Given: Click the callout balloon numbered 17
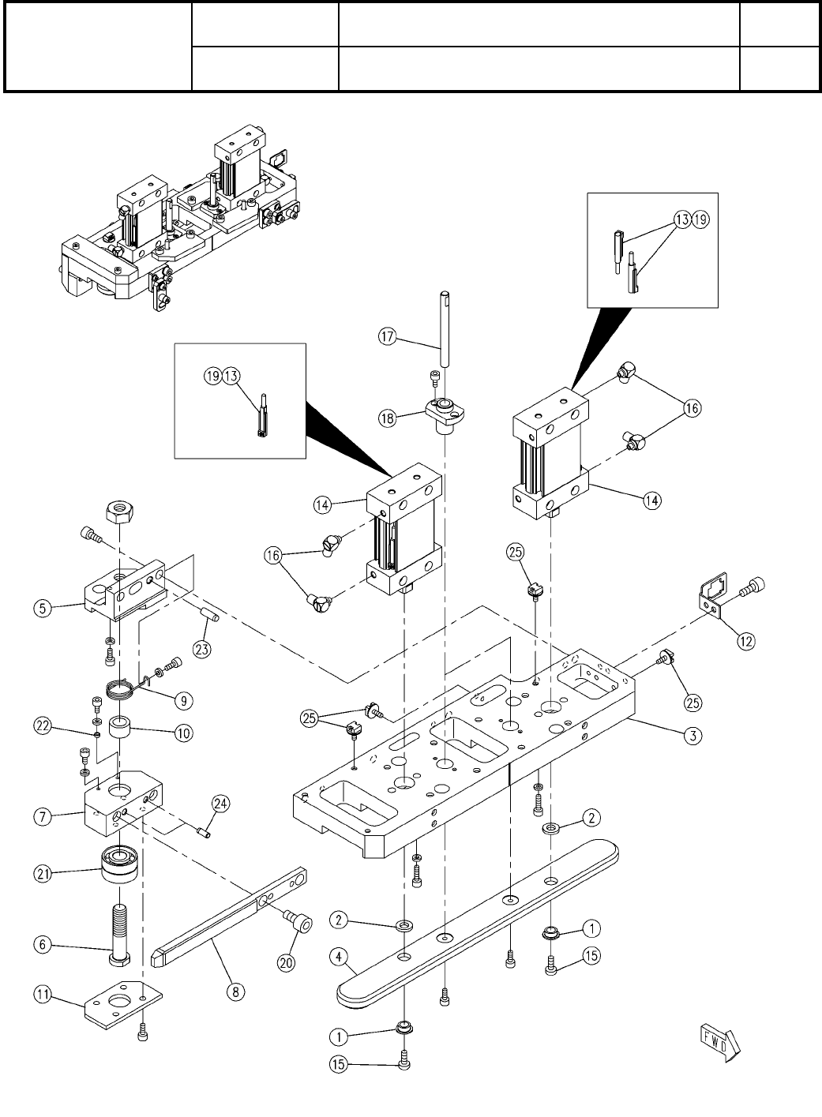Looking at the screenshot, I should point(385,335).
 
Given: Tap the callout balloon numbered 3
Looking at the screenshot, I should point(691,736).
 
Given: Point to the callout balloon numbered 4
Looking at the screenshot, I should point(340,957).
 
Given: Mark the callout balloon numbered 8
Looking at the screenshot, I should point(235,991).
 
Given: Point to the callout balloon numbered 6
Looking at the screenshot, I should point(44,943).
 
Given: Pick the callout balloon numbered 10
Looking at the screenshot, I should point(183,733).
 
